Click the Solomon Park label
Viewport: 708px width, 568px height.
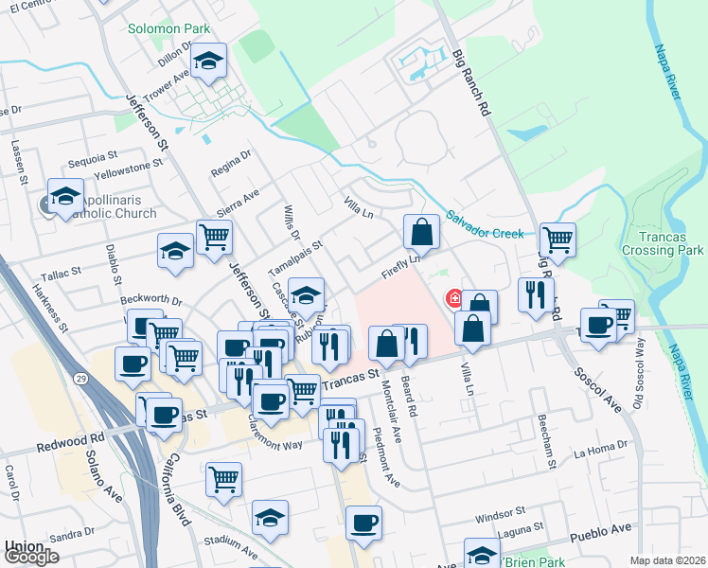169,29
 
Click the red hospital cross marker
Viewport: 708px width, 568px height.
455,299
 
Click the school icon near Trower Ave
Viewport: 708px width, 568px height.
209,62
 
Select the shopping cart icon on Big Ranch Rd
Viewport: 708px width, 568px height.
558,239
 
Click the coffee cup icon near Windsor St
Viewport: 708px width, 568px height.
363,523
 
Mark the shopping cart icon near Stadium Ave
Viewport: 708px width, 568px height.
224,480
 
